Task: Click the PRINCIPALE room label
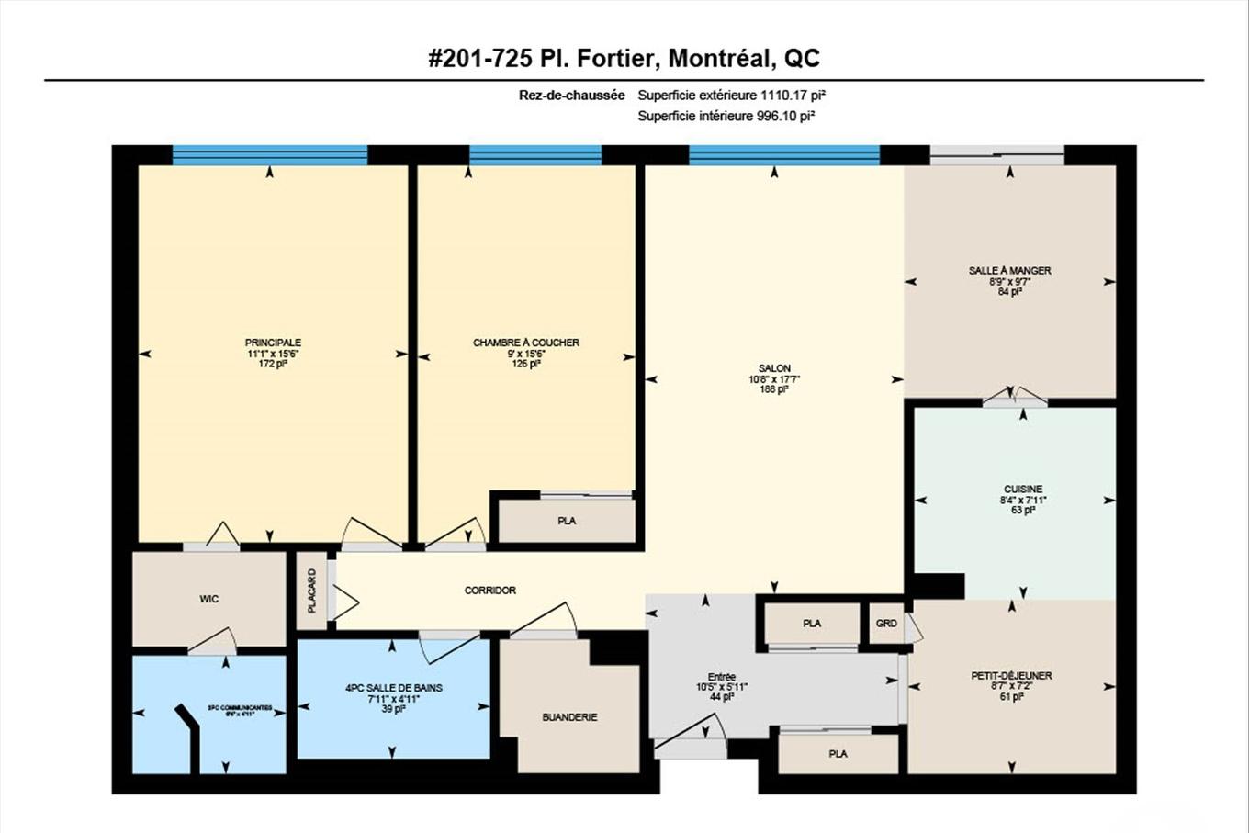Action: tap(273, 343)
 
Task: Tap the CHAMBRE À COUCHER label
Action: tap(526, 343)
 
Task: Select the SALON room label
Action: tap(774, 368)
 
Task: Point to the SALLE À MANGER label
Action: tap(1009, 271)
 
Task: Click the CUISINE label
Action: tap(1022, 490)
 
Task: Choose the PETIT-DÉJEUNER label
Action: tap(1011, 676)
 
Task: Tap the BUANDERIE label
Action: tap(569, 717)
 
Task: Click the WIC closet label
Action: tap(209, 599)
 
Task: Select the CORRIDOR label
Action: tap(489, 591)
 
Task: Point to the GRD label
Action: tap(886, 624)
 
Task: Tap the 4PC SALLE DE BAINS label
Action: tap(394, 688)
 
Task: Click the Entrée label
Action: tap(722, 677)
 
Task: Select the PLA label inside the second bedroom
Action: tap(567, 521)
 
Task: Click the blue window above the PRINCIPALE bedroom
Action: tap(270, 155)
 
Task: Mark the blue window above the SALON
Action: tap(783, 155)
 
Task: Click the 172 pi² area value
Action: tap(273, 364)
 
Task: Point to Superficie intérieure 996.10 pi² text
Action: tap(726, 116)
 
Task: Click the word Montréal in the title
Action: tap(718, 59)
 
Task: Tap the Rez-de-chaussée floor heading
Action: tap(571, 95)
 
